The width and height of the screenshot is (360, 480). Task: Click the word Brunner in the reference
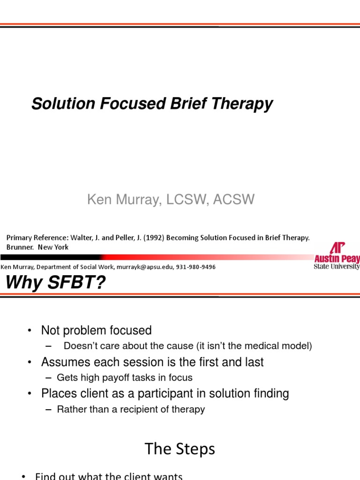tap(20, 247)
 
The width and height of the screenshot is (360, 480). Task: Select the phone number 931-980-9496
tap(196, 267)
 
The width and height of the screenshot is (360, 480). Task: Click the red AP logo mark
tap(337, 247)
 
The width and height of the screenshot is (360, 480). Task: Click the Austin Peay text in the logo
tap(337, 259)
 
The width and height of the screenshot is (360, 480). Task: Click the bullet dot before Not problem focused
tap(29, 331)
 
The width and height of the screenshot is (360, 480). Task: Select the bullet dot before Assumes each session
tap(29, 362)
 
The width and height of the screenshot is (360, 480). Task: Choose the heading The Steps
tap(180, 449)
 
